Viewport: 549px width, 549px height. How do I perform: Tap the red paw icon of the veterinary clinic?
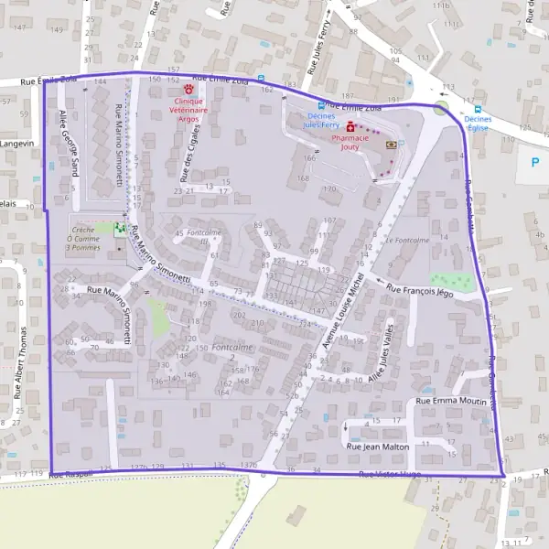coord(189,90)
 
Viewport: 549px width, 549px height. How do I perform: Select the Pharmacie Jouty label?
coord(350,142)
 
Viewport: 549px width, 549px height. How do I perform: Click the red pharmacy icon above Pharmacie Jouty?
coord(350,126)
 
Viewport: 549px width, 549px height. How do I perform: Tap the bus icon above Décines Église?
coord(477,108)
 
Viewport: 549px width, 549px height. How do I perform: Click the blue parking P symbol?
coord(535,162)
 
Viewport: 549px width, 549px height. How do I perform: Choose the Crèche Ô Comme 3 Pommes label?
coord(83,240)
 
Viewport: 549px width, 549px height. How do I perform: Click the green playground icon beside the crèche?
coord(119,228)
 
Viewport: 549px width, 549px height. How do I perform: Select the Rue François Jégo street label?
coord(421,290)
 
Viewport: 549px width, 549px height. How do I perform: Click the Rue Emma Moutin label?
coord(451,401)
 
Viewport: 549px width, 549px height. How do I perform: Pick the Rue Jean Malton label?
coord(377,446)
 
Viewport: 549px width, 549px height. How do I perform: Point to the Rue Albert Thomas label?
coord(24,361)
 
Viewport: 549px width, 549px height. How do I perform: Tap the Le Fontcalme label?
coord(407,240)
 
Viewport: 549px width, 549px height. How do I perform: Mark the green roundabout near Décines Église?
coord(443,109)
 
